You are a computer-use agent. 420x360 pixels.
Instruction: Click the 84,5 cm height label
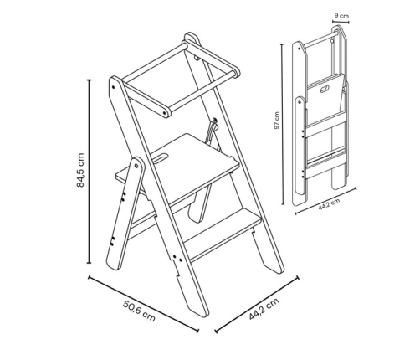80,170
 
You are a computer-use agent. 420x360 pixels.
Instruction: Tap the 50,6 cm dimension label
139,311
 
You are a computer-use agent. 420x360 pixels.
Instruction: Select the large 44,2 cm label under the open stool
264,309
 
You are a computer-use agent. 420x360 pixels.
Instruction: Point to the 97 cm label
276,121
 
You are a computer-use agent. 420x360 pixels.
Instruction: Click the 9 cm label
341,16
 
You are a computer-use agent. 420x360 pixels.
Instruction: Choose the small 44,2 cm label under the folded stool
329,204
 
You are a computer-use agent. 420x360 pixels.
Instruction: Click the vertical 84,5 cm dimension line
90,172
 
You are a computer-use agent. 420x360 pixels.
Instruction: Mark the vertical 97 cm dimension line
283,124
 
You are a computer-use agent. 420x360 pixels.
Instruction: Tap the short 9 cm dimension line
341,21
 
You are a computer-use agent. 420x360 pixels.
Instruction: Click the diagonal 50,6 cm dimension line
143,304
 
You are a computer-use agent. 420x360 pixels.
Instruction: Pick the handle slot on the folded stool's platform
325,90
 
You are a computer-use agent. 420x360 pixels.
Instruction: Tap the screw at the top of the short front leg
136,166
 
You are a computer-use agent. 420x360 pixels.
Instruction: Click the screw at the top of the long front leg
113,87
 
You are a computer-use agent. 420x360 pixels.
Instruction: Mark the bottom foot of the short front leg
114,263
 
